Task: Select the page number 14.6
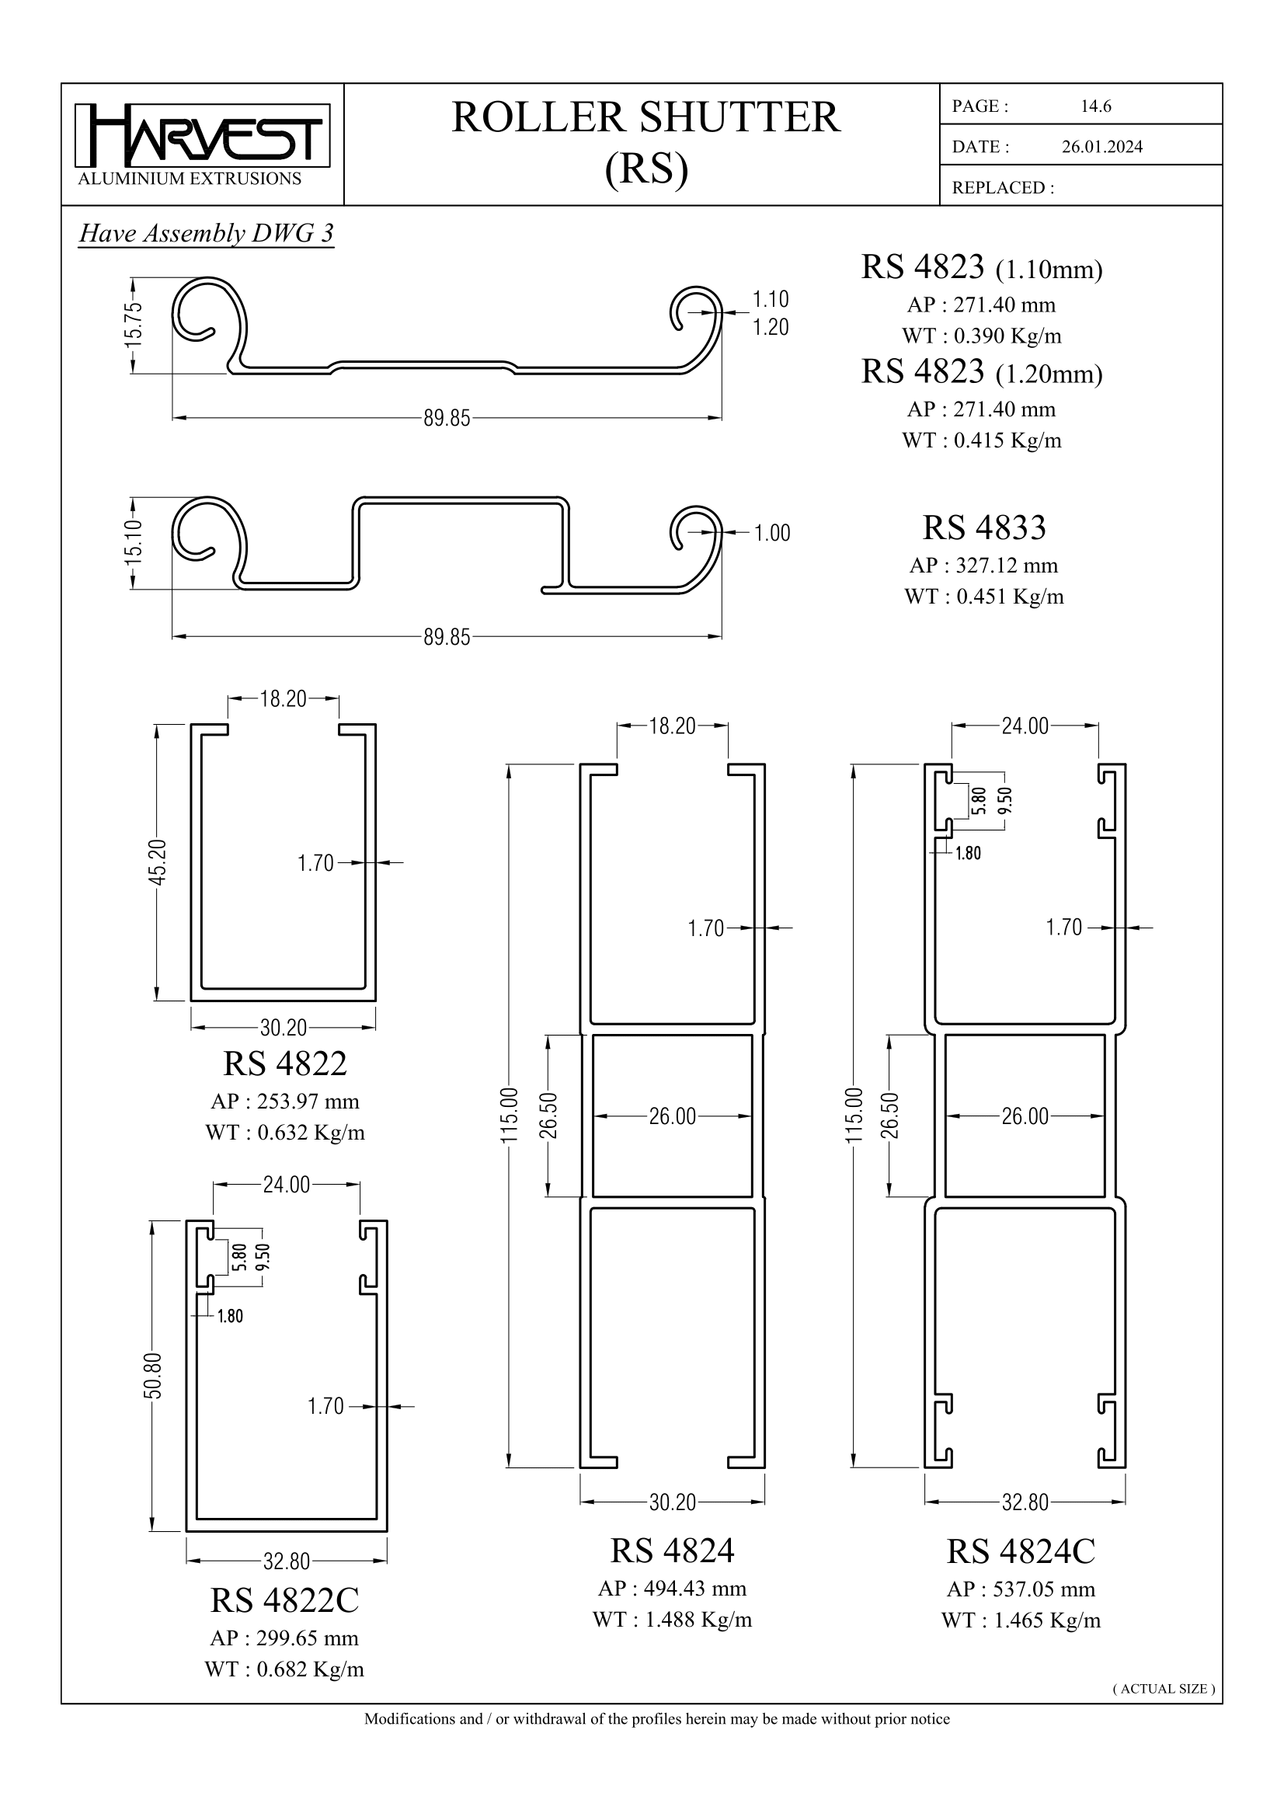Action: pos(1096,106)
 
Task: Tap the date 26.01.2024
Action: pos(1101,146)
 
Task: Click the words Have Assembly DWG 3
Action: pos(206,234)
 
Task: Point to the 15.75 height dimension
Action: pos(134,324)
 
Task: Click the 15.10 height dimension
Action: pos(134,542)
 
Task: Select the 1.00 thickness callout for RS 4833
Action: pos(771,534)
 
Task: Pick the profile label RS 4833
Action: pos(983,527)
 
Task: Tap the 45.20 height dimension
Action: pos(158,862)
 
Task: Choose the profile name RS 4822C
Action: pos(284,1600)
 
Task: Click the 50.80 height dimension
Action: pos(153,1377)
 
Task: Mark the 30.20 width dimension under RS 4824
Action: pos(672,1502)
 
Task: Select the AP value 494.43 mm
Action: pos(672,1589)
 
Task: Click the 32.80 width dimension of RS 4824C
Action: pos(1025,1502)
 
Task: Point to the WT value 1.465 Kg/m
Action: pos(1021,1620)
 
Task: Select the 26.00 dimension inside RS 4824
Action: pos(672,1116)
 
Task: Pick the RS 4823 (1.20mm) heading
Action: pos(981,372)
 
